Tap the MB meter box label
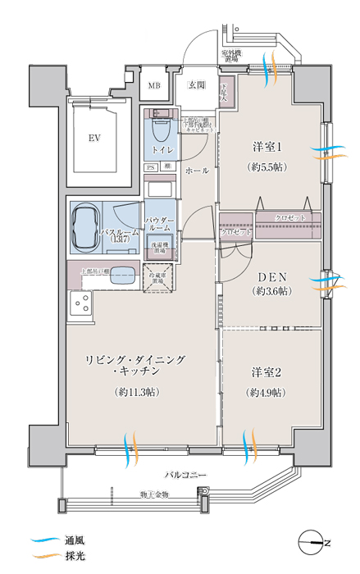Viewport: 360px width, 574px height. click(154, 84)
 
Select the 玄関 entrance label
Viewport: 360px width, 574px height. click(196, 84)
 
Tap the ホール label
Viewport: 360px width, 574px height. click(197, 171)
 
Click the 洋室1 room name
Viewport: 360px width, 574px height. click(267, 147)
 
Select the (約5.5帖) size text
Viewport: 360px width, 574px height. click(267, 166)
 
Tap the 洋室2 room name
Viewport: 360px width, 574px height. click(267, 372)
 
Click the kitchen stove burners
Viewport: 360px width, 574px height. click(81, 303)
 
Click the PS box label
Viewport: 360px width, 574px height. click(150, 167)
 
